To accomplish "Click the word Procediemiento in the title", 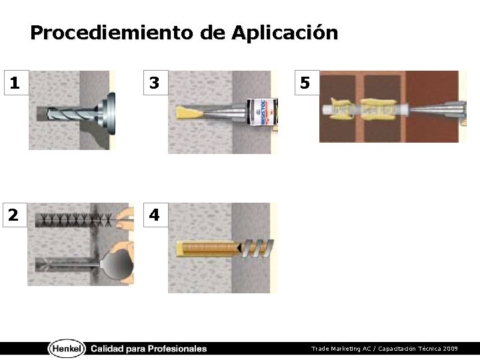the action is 112,33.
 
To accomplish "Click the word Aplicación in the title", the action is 285,33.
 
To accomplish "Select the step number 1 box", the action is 17,83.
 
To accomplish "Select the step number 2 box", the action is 15,215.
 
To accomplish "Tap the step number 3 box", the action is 156,83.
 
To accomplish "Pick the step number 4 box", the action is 156,215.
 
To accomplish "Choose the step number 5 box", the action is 307,83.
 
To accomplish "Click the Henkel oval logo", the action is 67,349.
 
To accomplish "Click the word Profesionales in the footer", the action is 177,349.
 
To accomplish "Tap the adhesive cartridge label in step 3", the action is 262,112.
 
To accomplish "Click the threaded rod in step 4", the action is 225,247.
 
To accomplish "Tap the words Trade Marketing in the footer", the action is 336,349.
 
